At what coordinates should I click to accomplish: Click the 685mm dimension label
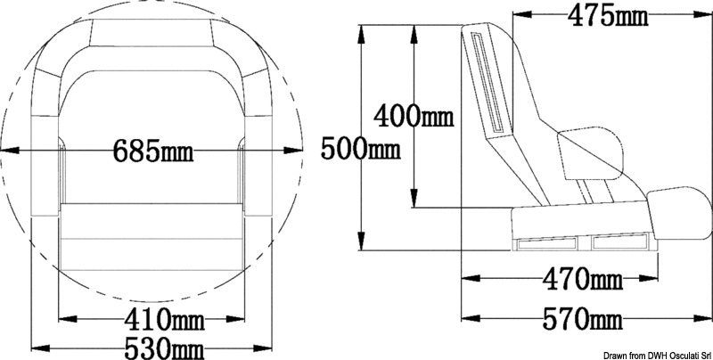point(152,151)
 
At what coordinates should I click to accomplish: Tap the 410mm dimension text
point(164,319)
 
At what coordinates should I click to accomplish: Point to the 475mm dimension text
point(608,16)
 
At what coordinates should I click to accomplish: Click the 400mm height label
point(414,116)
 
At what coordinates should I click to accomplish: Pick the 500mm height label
point(361,148)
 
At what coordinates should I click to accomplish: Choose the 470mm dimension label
point(583,278)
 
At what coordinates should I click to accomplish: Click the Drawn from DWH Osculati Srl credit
point(657,355)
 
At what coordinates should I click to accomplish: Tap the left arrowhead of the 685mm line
point(9,151)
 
